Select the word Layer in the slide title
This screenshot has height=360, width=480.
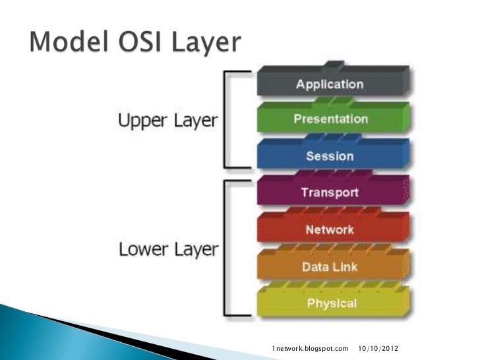pos(204,44)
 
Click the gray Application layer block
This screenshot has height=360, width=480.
pos(329,84)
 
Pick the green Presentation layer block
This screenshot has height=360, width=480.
pos(330,119)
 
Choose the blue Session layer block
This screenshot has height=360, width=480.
pos(330,156)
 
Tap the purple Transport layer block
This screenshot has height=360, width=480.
pos(330,193)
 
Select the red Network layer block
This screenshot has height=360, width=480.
pos(330,230)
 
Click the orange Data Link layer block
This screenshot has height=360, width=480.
pos(330,267)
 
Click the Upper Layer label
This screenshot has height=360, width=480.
pos(167,121)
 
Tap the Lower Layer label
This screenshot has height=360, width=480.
pos(167,250)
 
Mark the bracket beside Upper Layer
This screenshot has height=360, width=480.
pos(227,120)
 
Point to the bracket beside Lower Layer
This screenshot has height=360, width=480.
pos(227,247)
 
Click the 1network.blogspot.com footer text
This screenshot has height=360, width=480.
pos(310,347)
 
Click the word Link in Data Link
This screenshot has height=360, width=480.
pos(345,267)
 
